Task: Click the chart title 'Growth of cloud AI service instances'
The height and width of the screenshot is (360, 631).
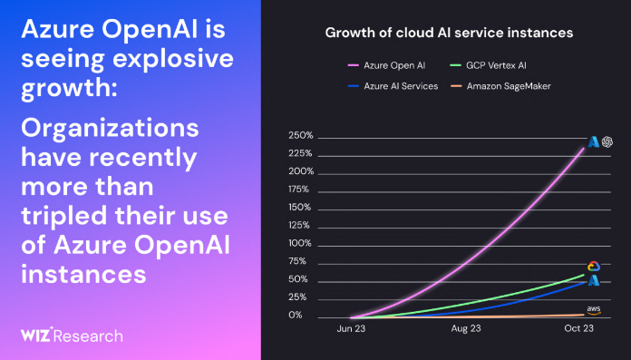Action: tap(449, 33)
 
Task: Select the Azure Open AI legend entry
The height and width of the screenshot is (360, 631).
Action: tap(387, 65)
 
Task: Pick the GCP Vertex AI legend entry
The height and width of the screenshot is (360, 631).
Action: tap(488, 65)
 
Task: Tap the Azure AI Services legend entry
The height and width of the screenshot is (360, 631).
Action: tap(393, 86)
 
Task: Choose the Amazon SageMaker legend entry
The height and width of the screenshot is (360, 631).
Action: tap(500, 86)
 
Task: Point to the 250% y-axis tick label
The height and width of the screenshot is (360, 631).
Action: tap(301, 136)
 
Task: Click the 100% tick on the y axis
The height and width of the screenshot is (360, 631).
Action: tap(300, 243)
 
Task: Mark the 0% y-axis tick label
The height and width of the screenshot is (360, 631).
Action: tap(296, 315)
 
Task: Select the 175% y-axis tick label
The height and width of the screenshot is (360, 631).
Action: tap(298, 190)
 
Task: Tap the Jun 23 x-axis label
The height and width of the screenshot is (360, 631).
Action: tap(351, 328)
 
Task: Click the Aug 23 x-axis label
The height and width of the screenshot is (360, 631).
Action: tap(466, 328)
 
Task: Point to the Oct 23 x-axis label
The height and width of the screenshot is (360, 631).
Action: tap(578, 328)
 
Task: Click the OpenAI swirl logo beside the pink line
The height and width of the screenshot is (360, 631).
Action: tap(607, 141)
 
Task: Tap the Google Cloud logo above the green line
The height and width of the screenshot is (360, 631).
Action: tap(594, 267)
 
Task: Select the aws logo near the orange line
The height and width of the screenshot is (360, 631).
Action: tap(594, 310)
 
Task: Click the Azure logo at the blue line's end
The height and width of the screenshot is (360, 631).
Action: tap(594, 280)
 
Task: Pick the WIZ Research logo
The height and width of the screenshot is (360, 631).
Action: tap(72, 336)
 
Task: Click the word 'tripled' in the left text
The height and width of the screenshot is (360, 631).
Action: tap(64, 216)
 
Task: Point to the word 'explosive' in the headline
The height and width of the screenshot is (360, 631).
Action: tap(173, 60)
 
